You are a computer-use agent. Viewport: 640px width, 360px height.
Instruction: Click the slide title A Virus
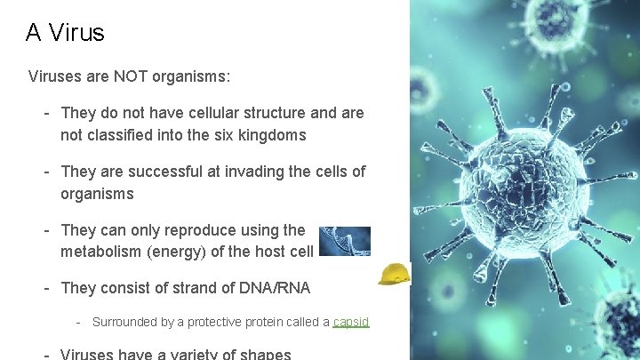pos(65,33)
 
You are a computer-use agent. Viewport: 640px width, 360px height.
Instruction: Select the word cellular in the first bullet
pos(212,114)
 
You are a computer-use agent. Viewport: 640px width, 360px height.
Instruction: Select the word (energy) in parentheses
pos(177,252)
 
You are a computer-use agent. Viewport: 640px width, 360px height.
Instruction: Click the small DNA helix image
pos(344,241)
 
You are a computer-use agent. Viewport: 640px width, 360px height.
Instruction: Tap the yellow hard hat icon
pos(394,274)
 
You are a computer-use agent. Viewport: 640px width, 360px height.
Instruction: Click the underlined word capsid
pos(350,322)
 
